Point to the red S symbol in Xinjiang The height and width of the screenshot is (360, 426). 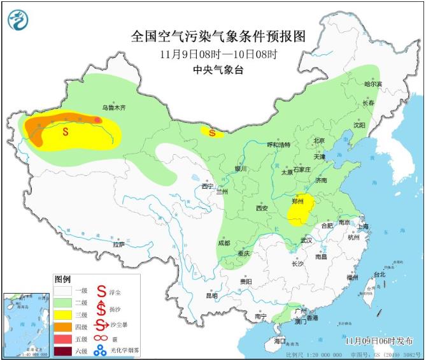click(x=66, y=132)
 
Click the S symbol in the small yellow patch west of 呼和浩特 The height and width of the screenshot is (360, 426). click(x=211, y=133)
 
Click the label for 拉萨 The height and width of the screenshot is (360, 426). click(x=118, y=244)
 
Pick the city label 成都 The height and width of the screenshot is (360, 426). click(x=224, y=243)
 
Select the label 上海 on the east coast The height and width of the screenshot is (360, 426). click(x=363, y=226)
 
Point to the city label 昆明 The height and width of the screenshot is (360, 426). click(x=211, y=296)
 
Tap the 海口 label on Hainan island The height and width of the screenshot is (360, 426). click(x=280, y=342)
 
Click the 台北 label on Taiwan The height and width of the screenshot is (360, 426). click(x=380, y=274)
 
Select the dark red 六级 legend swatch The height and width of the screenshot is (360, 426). click(x=62, y=349)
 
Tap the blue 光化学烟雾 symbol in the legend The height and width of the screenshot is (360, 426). click(x=99, y=349)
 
